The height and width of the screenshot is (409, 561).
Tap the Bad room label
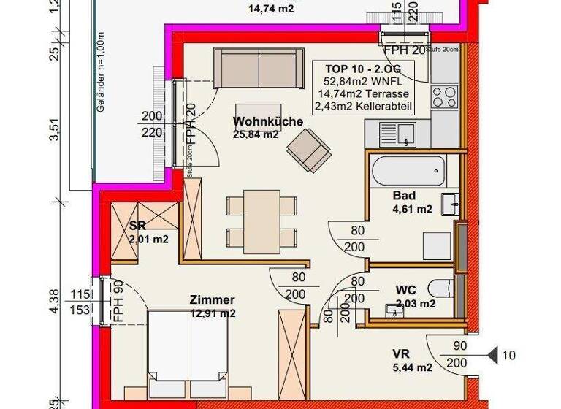pos(404,196)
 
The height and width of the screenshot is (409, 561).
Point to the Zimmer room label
pos(212,300)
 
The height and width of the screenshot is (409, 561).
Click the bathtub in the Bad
pos(408,171)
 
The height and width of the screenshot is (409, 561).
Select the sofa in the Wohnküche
pos(258,68)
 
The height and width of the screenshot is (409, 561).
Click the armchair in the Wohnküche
pos(308,149)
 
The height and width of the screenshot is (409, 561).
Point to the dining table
pos(261,219)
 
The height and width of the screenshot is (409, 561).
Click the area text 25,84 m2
pos(256,135)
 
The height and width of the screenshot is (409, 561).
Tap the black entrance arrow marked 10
pos(493,356)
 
